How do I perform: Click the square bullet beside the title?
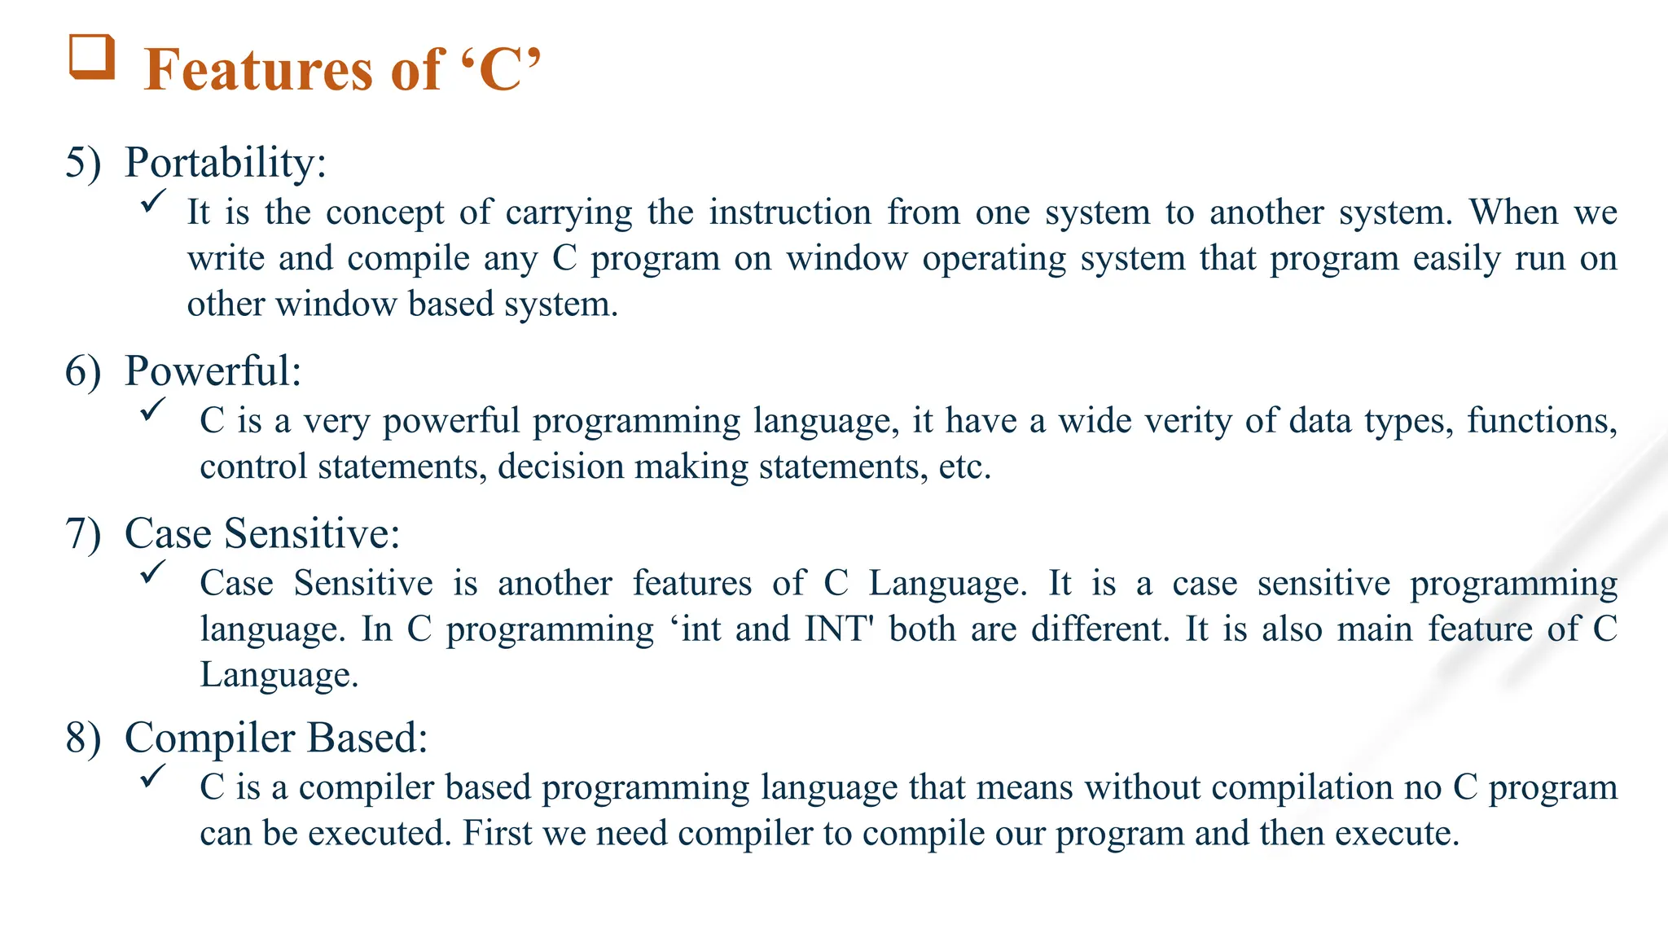click(x=91, y=57)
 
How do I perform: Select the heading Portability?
click(x=225, y=162)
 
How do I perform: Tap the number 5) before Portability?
click(x=83, y=162)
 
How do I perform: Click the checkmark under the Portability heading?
click(x=153, y=200)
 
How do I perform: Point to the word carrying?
click(x=568, y=213)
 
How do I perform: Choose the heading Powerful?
click(x=213, y=371)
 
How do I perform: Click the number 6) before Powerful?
click(x=83, y=371)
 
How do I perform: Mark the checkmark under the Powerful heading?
click(x=153, y=409)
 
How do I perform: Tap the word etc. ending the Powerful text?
click(x=964, y=467)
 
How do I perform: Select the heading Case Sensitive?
click(x=261, y=533)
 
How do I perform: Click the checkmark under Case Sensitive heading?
click(x=153, y=572)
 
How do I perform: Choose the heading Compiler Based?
click(x=275, y=738)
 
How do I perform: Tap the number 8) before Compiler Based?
click(x=83, y=738)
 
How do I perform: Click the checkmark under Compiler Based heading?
click(x=153, y=775)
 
